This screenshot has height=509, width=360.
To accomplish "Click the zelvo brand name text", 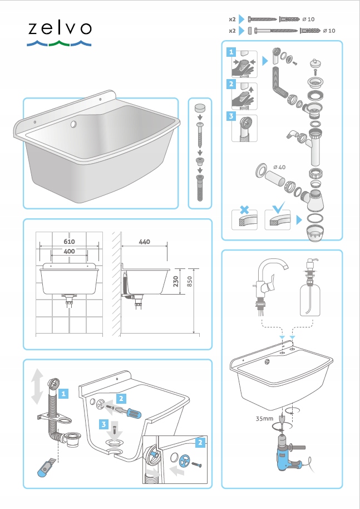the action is [x=60, y=28].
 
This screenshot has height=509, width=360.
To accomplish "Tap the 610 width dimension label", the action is [x=69, y=242].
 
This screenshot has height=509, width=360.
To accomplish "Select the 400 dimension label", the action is [x=69, y=251].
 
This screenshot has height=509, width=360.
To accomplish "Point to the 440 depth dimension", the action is [x=144, y=242].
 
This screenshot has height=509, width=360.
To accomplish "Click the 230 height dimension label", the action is [x=175, y=281].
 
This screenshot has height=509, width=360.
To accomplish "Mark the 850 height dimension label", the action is [x=189, y=281].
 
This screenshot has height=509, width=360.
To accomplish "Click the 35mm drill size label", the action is [x=264, y=418].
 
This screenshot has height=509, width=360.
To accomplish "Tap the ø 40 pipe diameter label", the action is [x=279, y=167].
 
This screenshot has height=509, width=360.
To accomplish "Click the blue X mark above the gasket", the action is [x=244, y=209].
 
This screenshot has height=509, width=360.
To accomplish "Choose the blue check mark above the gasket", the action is [x=279, y=207].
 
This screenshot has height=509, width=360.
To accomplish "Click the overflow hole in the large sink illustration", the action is [x=73, y=124].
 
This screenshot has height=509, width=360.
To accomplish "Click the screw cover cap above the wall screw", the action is [x=200, y=108].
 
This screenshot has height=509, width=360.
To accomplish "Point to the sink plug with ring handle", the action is [x=314, y=63].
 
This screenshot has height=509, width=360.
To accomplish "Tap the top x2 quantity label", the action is [x=232, y=19].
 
